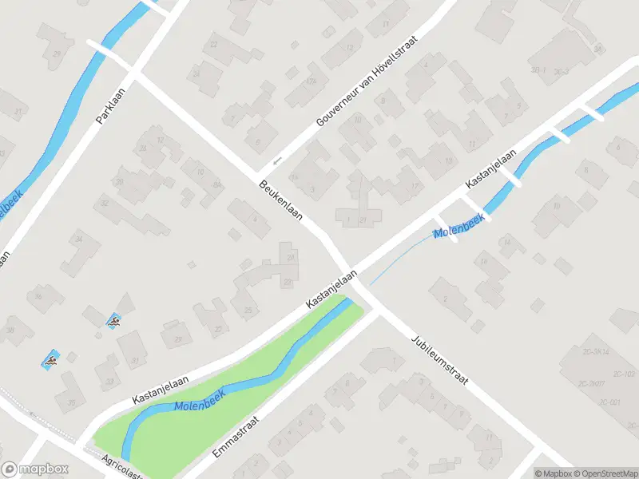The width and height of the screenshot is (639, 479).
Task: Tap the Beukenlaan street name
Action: (279, 203)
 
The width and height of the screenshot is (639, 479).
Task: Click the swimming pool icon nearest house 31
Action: (115, 322)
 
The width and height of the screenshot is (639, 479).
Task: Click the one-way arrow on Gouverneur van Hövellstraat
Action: (277, 161)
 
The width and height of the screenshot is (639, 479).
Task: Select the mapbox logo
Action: (34, 469)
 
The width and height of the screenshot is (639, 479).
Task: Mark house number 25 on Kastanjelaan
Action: (248, 310)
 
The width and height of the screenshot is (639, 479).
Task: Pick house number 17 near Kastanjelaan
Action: (414, 186)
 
